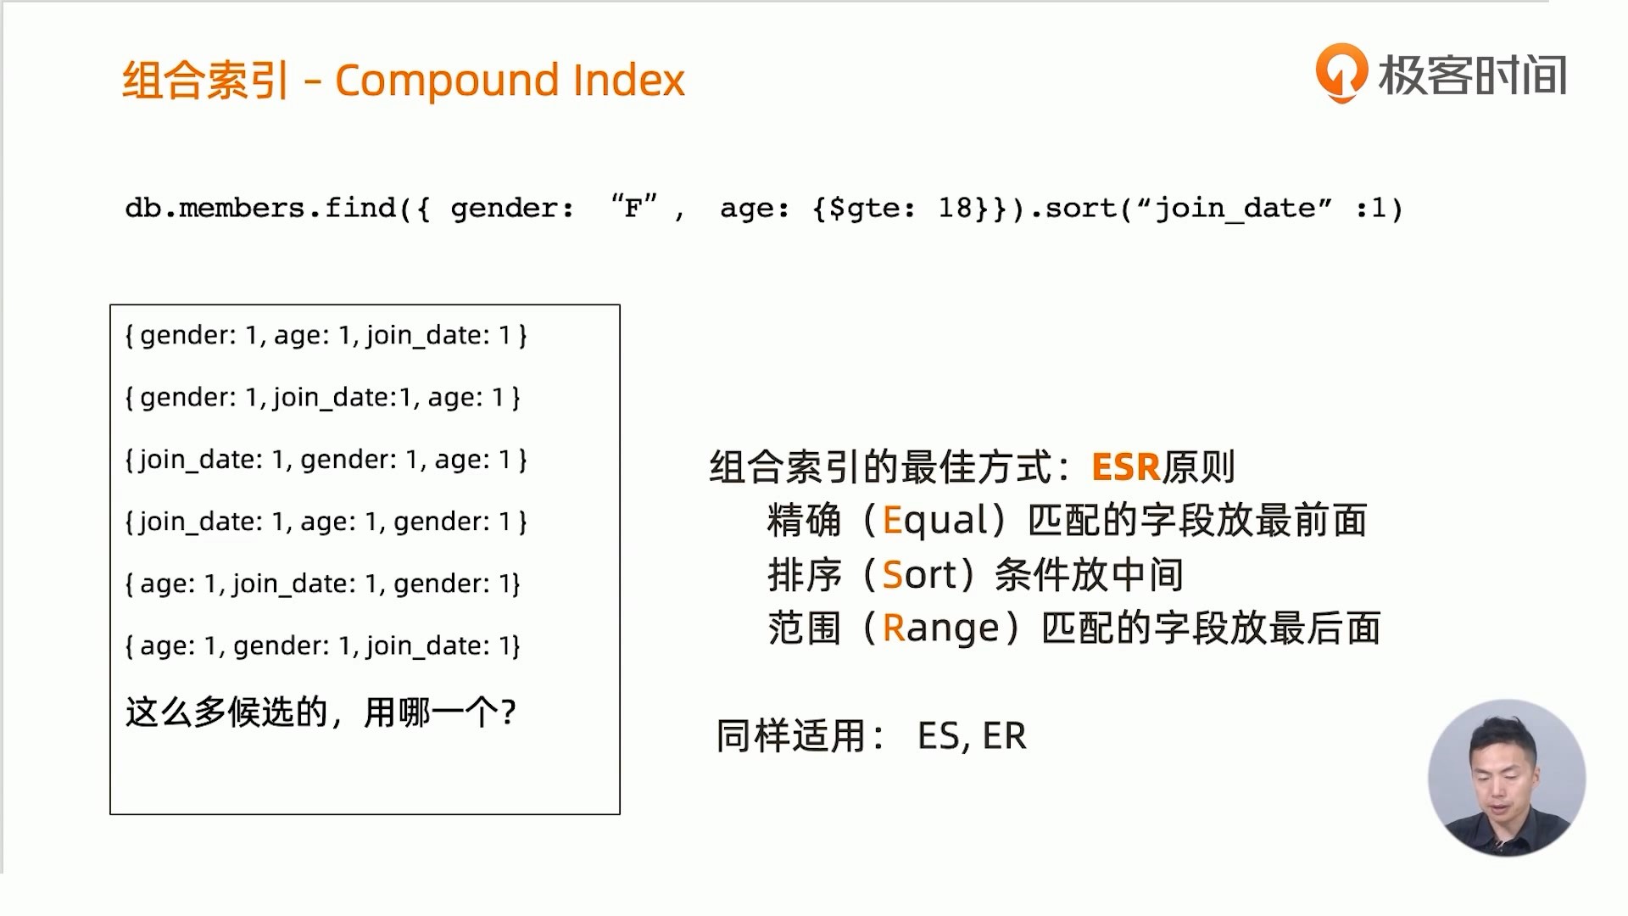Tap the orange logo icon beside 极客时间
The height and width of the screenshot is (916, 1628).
[x=1341, y=73]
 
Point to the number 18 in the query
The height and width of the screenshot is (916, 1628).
[x=956, y=208]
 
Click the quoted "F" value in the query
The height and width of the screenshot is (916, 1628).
[x=633, y=206]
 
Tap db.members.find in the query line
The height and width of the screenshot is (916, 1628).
[x=261, y=208]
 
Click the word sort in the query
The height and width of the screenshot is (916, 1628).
[x=1082, y=209]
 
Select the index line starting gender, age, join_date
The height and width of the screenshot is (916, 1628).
[x=326, y=336]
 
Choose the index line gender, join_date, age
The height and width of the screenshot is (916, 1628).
[x=323, y=398]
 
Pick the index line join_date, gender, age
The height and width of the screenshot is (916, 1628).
[x=326, y=460]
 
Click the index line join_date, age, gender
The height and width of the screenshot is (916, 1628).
[x=326, y=522]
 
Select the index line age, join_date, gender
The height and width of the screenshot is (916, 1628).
[x=323, y=584]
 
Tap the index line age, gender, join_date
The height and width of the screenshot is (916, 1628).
[x=323, y=646]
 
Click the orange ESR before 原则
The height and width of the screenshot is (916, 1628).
[x=1125, y=467]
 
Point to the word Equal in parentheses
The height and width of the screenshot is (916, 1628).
[x=935, y=520]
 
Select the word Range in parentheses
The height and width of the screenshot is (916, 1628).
[x=941, y=629]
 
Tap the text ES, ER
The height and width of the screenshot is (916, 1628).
[x=972, y=736]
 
